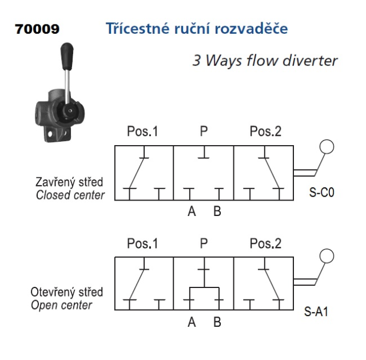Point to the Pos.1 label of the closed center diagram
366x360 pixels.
click(142, 132)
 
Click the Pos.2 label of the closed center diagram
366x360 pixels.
click(266, 132)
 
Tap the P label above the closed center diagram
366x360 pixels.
click(203, 132)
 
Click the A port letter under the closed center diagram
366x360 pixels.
click(191, 211)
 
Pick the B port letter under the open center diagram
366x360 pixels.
click(217, 322)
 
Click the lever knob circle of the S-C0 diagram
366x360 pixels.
click(326, 147)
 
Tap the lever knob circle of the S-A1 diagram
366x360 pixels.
click(326, 256)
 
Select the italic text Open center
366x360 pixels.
click(61, 305)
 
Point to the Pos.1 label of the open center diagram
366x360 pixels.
click(142, 244)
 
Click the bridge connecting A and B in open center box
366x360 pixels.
click(204, 287)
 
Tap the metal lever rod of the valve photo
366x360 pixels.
click(67, 81)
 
